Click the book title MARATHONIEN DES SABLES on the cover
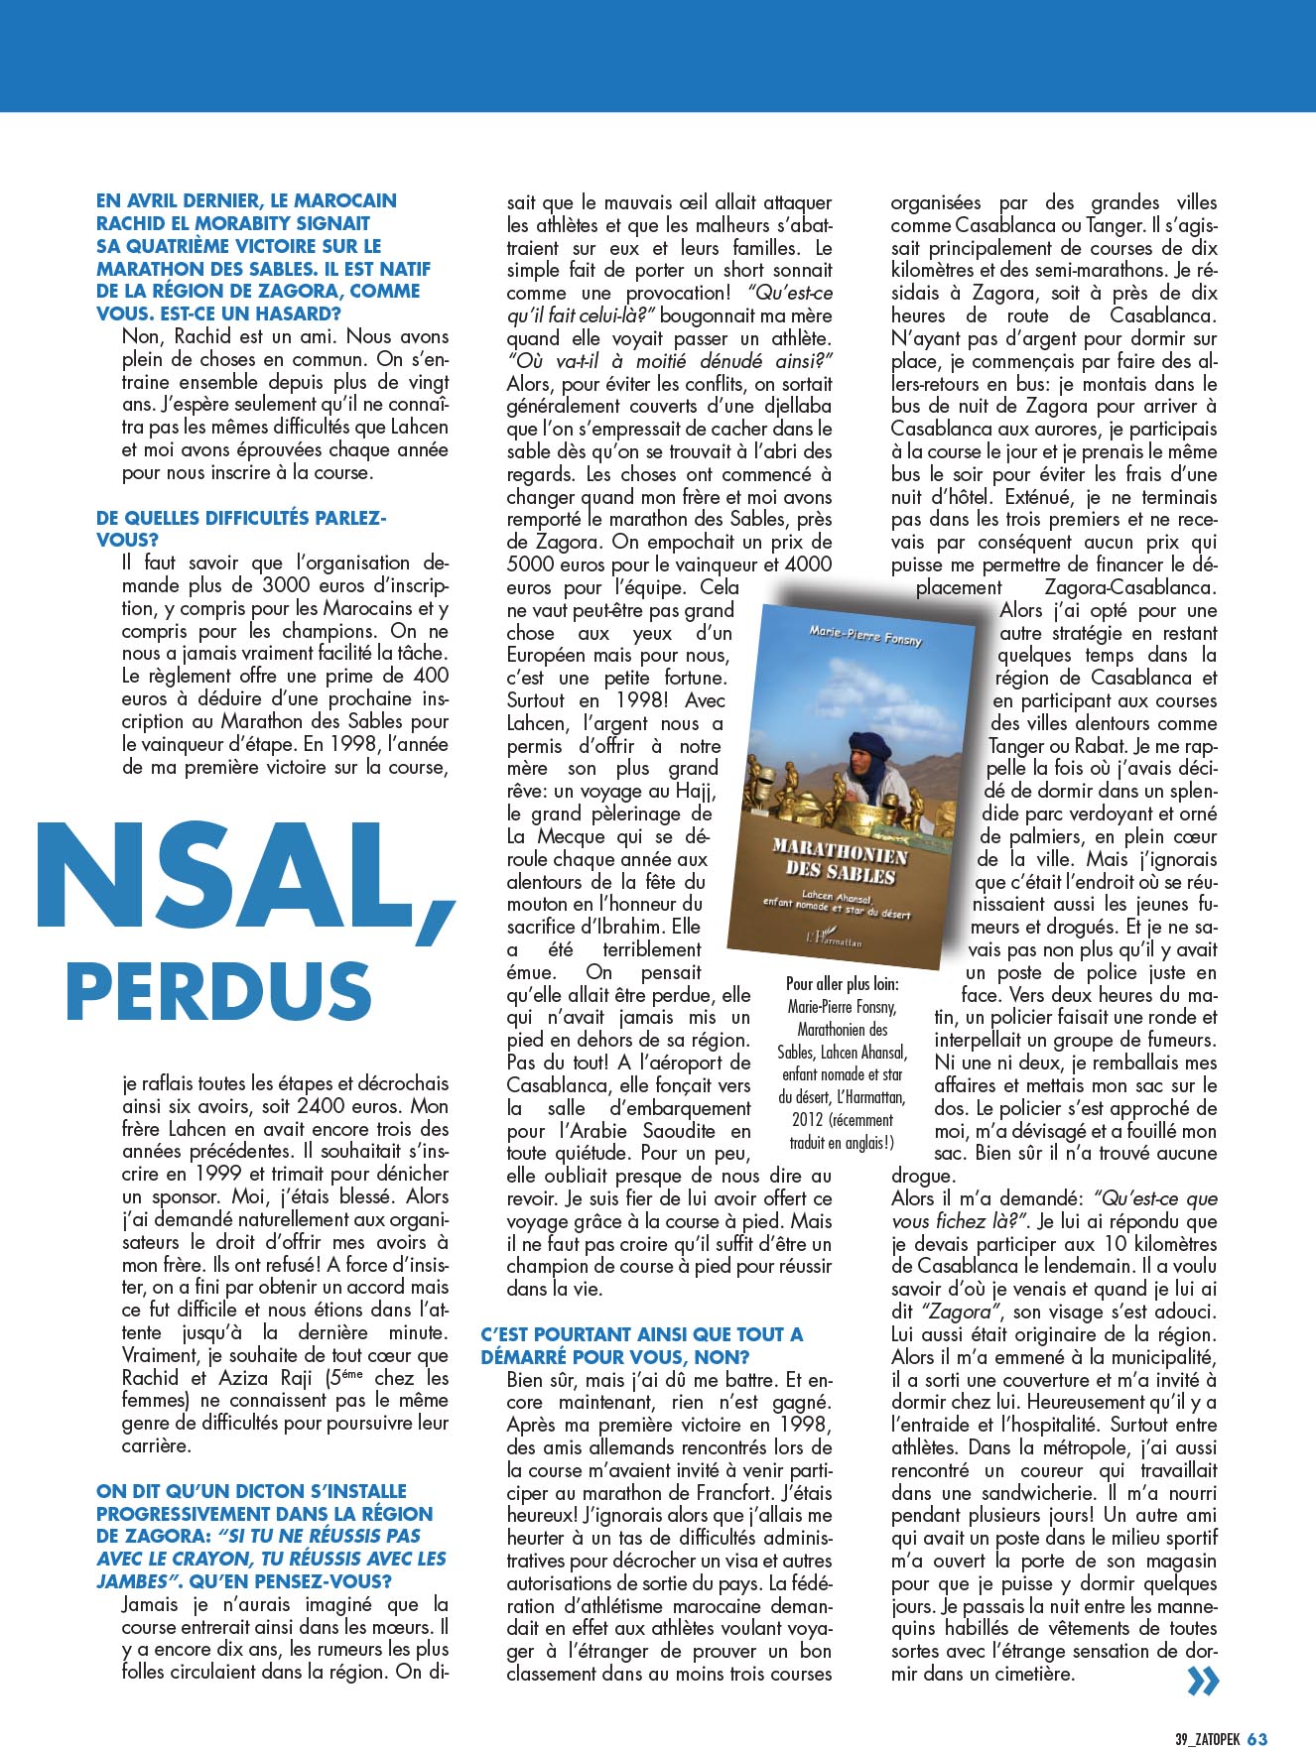tap(839, 862)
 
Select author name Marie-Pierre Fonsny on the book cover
tap(865, 636)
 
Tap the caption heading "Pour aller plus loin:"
tap(843, 984)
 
